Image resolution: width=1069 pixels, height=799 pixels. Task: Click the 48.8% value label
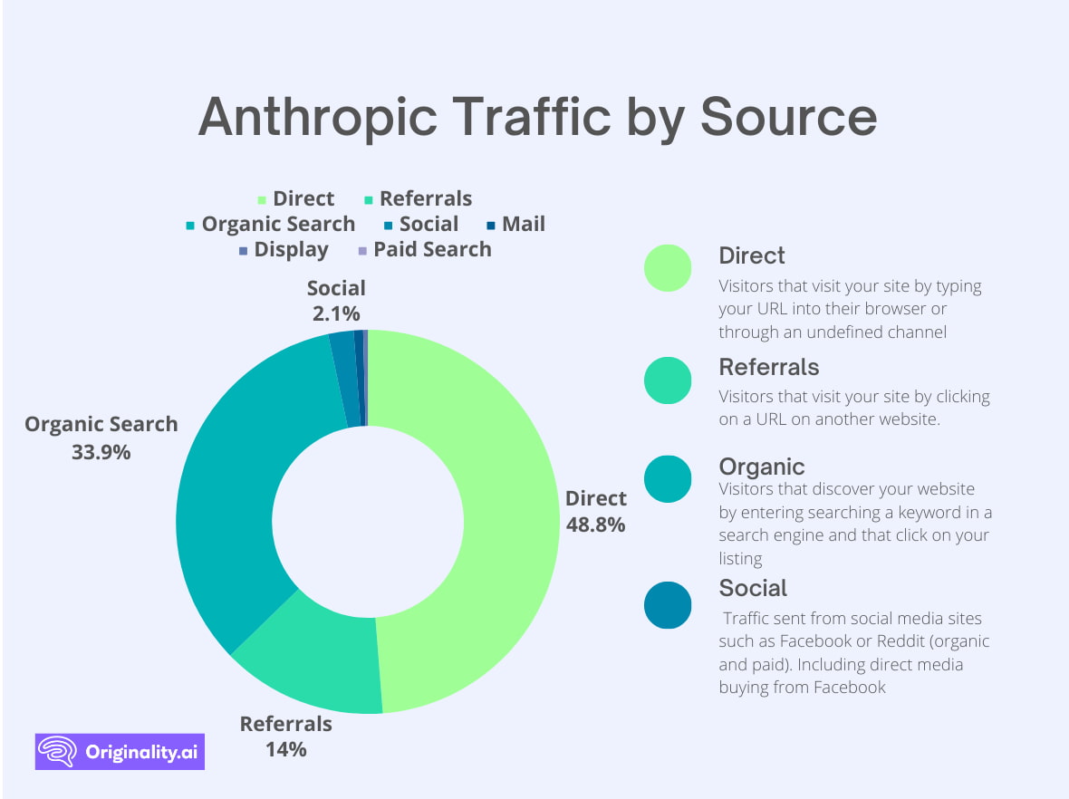click(x=595, y=524)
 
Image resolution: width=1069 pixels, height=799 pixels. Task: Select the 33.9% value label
click(x=101, y=451)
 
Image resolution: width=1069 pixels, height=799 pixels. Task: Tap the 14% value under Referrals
click(x=285, y=749)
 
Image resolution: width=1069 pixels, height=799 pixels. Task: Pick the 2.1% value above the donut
click(x=336, y=314)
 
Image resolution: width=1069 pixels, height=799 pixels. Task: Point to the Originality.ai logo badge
click(x=120, y=751)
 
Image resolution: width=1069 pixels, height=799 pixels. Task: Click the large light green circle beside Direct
click(x=668, y=268)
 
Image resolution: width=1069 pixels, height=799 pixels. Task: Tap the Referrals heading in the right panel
click(x=768, y=367)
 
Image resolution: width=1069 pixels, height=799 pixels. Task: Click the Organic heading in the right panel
click(x=761, y=467)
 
